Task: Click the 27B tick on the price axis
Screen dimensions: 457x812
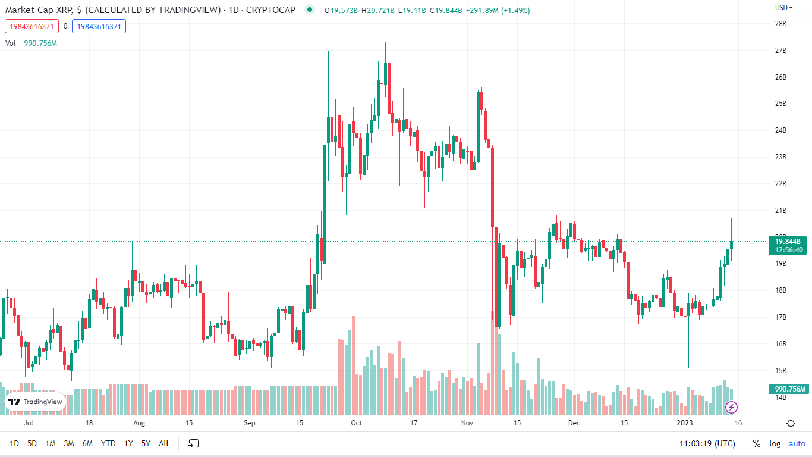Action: coord(780,51)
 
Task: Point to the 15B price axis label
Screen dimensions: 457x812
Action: coord(780,371)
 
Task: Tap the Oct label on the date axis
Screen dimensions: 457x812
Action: coord(357,423)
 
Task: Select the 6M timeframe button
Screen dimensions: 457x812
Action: coord(87,443)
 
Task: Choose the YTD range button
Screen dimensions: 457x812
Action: coord(108,443)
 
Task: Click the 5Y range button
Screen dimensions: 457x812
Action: coord(146,443)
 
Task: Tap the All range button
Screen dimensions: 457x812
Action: coord(164,443)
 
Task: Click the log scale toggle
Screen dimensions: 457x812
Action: coord(775,443)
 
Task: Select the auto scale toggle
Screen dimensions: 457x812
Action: coord(797,443)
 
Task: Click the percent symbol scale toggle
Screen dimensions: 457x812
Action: coord(757,443)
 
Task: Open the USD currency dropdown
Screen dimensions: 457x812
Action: coord(783,8)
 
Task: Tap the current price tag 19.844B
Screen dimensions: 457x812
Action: coord(789,241)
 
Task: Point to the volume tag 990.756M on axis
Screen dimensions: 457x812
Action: coord(789,389)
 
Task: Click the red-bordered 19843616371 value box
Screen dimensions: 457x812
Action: coord(32,26)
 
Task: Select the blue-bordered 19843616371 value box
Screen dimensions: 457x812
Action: coord(99,26)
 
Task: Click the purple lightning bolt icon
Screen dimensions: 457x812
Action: coord(732,407)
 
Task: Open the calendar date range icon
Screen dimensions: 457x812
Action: coord(193,443)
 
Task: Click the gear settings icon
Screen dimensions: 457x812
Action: coord(791,423)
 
